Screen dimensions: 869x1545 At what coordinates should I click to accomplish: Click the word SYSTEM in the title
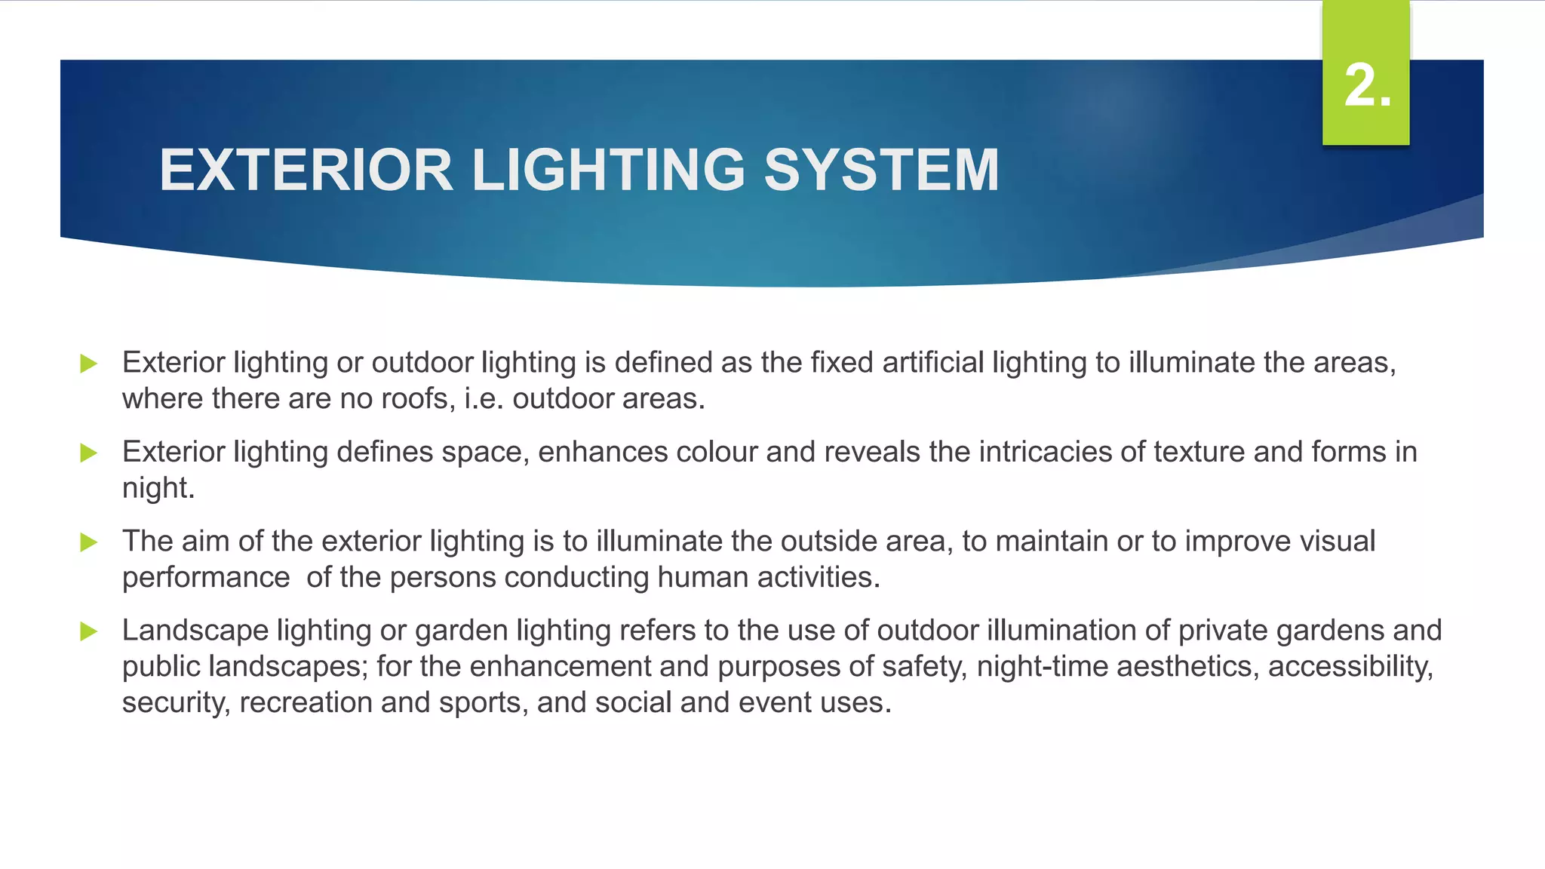click(881, 170)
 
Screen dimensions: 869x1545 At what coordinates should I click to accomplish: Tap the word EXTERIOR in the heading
click(306, 170)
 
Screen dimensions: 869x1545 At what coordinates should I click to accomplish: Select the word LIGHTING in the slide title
click(608, 170)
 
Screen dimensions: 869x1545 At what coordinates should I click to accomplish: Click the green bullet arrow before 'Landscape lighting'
click(89, 631)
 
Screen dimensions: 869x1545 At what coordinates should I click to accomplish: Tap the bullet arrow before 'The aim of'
click(89, 542)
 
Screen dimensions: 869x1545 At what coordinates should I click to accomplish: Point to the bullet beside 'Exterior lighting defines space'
click(89, 453)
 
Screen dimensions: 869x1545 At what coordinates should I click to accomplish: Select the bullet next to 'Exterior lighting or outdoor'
click(89, 364)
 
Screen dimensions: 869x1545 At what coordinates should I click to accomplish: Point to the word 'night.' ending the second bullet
click(158, 489)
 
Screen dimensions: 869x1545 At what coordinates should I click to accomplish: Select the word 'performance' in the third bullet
click(206, 578)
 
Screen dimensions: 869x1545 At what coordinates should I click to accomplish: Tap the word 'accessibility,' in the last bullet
click(1350, 667)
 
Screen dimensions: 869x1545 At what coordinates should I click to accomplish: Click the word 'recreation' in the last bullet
click(306, 703)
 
